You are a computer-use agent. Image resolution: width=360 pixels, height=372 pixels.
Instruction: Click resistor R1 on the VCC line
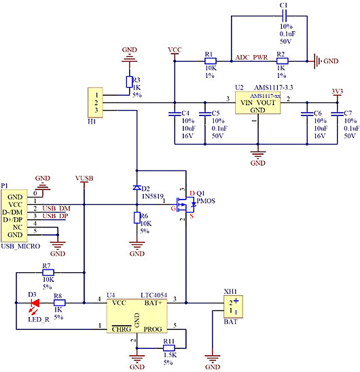tap(211, 62)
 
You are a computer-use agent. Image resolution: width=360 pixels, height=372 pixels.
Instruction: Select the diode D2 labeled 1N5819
tap(137, 188)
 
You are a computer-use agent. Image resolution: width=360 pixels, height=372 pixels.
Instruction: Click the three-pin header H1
tap(98, 101)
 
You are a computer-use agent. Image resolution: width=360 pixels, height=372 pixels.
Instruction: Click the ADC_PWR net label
tap(251, 58)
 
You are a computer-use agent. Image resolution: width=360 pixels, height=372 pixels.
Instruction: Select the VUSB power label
tap(84, 178)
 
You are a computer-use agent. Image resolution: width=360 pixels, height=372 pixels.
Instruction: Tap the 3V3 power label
tap(337, 90)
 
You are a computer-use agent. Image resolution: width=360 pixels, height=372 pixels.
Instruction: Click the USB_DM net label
tap(56, 208)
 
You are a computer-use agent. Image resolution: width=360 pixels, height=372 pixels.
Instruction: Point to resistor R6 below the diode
tap(137, 218)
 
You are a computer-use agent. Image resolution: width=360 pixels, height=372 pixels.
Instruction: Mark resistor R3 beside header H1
tap(129, 82)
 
